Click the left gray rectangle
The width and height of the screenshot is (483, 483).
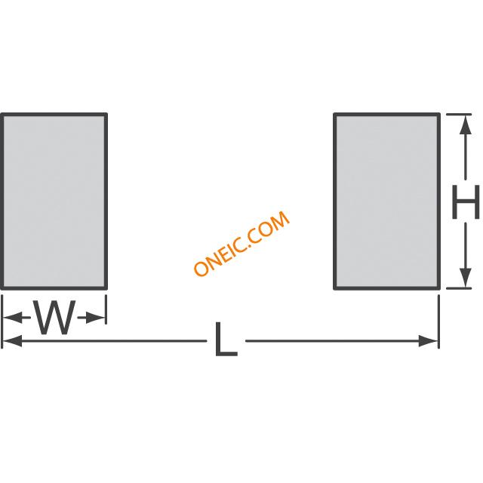54,201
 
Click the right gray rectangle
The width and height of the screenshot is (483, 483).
386,201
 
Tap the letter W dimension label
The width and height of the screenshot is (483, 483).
56,318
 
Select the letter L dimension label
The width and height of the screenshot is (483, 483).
226,340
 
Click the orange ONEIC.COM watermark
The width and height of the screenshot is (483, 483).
241,244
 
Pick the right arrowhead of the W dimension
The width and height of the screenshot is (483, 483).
100,318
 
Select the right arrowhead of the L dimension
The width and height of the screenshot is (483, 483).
432,341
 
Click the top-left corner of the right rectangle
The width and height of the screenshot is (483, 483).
335,115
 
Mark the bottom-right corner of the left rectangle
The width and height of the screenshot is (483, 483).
106,288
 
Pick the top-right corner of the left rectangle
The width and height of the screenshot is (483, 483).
106,115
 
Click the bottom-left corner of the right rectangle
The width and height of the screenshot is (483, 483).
335,288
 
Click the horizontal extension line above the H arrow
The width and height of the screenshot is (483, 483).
460,114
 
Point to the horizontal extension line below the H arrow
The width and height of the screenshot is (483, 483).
460,288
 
